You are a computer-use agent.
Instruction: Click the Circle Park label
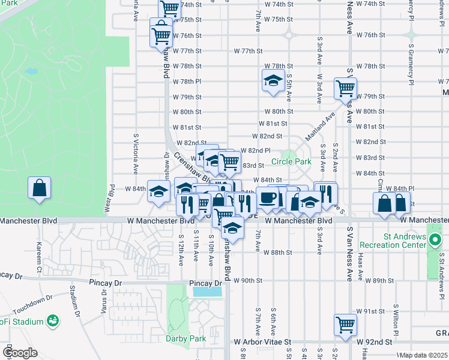(x=291, y=161)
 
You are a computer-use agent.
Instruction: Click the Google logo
(x=19, y=352)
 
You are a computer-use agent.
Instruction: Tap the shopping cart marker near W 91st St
(x=346, y=324)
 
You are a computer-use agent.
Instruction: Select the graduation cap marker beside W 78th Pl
(x=273, y=80)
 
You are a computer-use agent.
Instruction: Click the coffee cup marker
(x=267, y=197)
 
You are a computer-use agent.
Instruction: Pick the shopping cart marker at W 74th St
(x=170, y=8)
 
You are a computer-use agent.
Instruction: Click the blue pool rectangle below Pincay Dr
(x=207, y=292)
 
